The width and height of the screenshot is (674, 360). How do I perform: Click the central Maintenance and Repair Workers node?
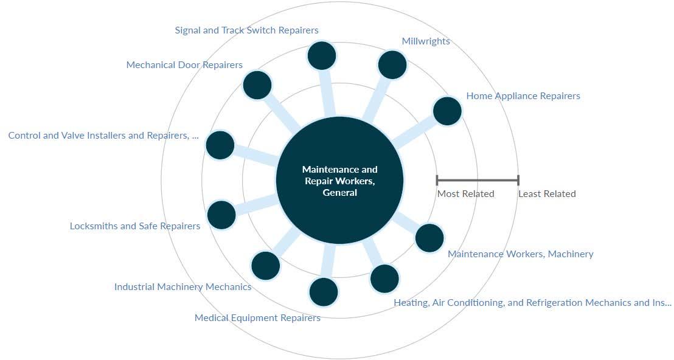[339, 180]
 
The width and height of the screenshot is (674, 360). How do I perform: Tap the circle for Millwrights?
[392, 64]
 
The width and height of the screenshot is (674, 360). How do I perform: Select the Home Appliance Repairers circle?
[447, 111]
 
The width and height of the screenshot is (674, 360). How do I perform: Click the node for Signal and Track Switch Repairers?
[322, 56]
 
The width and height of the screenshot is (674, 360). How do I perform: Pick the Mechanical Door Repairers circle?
[257, 85]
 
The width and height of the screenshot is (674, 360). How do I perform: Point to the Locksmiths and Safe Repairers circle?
[221, 215]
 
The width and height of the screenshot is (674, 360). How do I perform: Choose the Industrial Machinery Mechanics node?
[265, 265]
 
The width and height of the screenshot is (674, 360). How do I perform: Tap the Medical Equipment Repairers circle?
[323, 292]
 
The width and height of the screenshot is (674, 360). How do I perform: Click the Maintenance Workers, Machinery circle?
[429, 238]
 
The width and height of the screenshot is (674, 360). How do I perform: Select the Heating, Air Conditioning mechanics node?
[384, 279]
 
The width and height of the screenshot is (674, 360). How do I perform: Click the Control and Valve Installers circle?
[220, 145]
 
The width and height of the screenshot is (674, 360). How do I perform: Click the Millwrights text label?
[426, 41]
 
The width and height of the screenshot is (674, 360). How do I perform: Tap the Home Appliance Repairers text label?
[523, 96]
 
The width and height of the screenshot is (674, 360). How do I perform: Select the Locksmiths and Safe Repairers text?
[135, 226]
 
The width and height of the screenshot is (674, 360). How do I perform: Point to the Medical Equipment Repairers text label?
[257, 318]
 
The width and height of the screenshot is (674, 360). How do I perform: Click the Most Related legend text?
[465, 194]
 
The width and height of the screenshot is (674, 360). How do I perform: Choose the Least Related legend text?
[547, 194]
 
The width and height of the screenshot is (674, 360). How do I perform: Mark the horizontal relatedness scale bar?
[478, 180]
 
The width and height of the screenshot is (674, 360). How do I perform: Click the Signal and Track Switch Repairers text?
[246, 30]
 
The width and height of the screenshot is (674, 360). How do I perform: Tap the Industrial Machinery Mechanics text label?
[182, 287]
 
